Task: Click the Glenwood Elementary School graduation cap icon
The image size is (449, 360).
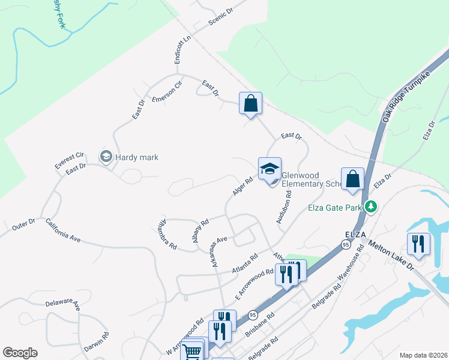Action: coord(270,169)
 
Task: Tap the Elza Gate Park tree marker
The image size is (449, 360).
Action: coord(372,207)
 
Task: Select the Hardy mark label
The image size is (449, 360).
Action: coord(137,157)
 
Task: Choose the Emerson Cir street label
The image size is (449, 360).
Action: coord(167,91)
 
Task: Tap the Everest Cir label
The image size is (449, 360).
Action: coord(70,160)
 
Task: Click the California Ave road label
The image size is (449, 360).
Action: coord(63,230)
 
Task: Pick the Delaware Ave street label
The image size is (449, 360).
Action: coord(63,303)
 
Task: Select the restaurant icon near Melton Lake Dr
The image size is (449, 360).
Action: coord(418,244)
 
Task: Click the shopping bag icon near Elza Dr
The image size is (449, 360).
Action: coord(352,179)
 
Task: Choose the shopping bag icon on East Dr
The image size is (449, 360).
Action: coord(250,103)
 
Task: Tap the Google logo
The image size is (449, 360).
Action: coord(20,353)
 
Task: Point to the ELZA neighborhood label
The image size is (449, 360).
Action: coord(356,233)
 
